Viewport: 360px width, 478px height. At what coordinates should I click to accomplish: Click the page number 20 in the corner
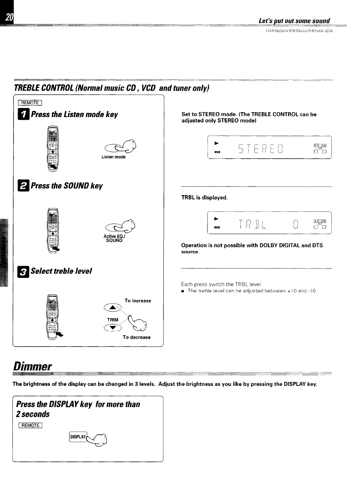pyautogui.click(x=9, y=17)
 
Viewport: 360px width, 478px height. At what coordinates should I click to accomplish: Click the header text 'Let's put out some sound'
pyautogui.click(x=294, y=20)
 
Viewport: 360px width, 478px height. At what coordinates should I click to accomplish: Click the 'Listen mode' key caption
pyautogui.click(x=113, y=157)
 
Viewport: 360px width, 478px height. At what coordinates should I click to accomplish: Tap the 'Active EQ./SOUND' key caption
pyautogui.click(x=114, y=238)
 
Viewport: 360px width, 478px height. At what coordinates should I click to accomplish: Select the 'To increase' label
pyautogui.click(x=138, y=301)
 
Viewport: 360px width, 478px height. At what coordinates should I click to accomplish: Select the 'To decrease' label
pyautogui.click(x=136, y=338)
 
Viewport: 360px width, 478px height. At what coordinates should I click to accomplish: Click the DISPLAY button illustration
pyautogui.click(x=78, y=437)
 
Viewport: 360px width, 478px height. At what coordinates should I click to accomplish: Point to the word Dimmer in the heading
pyautogui.click(x=32, y=366)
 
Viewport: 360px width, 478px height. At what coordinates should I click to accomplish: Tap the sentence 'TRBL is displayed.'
pyautogui.click(x=204, y=198)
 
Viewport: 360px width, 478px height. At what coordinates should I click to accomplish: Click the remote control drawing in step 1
pyautogui.click(x=52, y=148)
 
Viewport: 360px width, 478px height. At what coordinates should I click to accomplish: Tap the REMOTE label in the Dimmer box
pyautogui.click(x=30, y=426)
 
